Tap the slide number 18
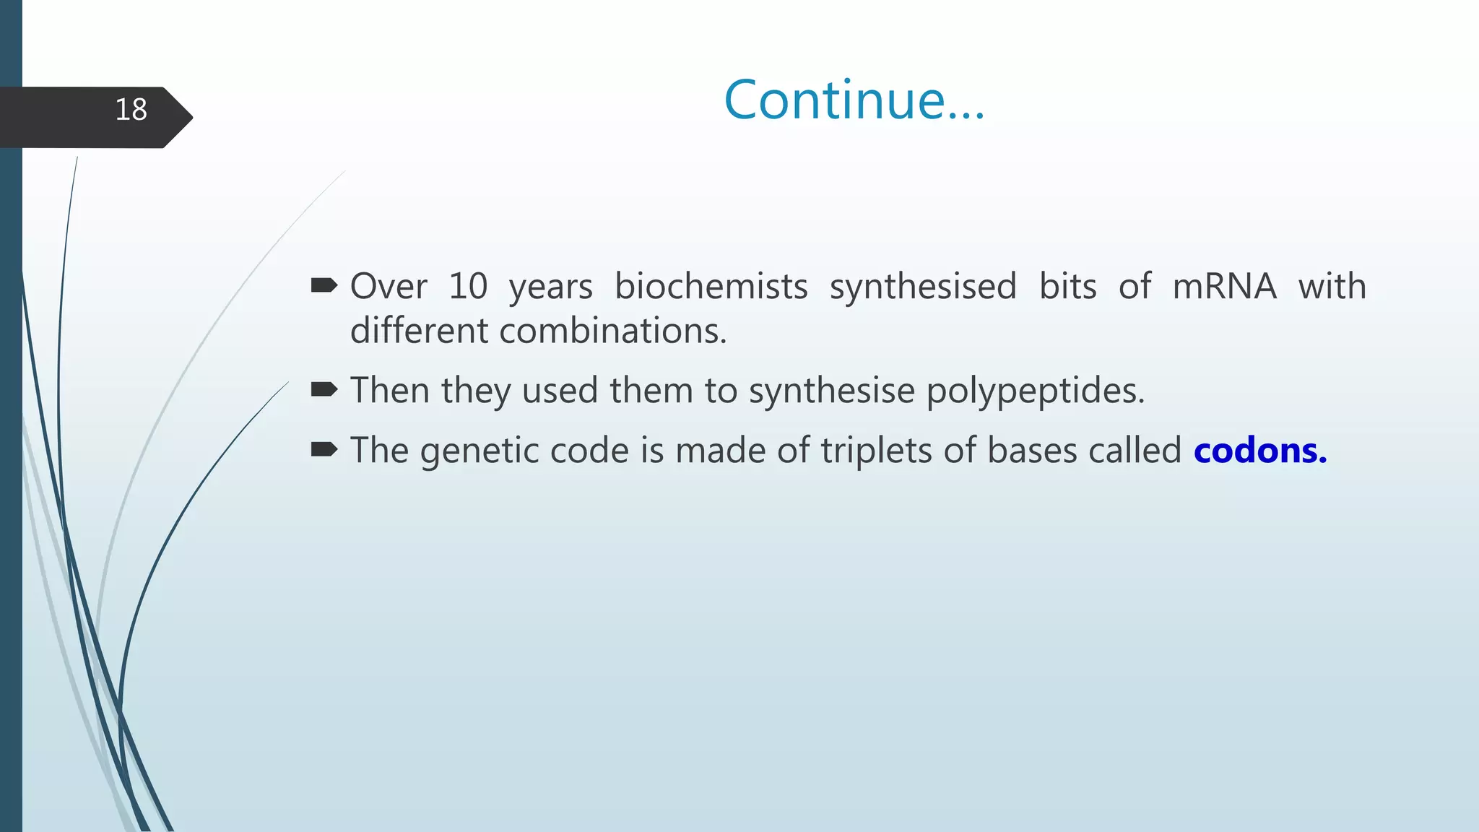[131, 110]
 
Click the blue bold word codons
[1259, 451]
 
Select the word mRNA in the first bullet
[1224, 286]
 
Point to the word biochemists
[711, 286]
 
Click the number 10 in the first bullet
[468, 286]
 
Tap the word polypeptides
[1035, 391]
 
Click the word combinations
[612, 331]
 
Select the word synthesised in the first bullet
[922, 286]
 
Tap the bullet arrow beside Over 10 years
[324, 286]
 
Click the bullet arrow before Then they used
[324, 391]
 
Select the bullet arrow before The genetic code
[324, 451]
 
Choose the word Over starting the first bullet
[389, 286]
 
